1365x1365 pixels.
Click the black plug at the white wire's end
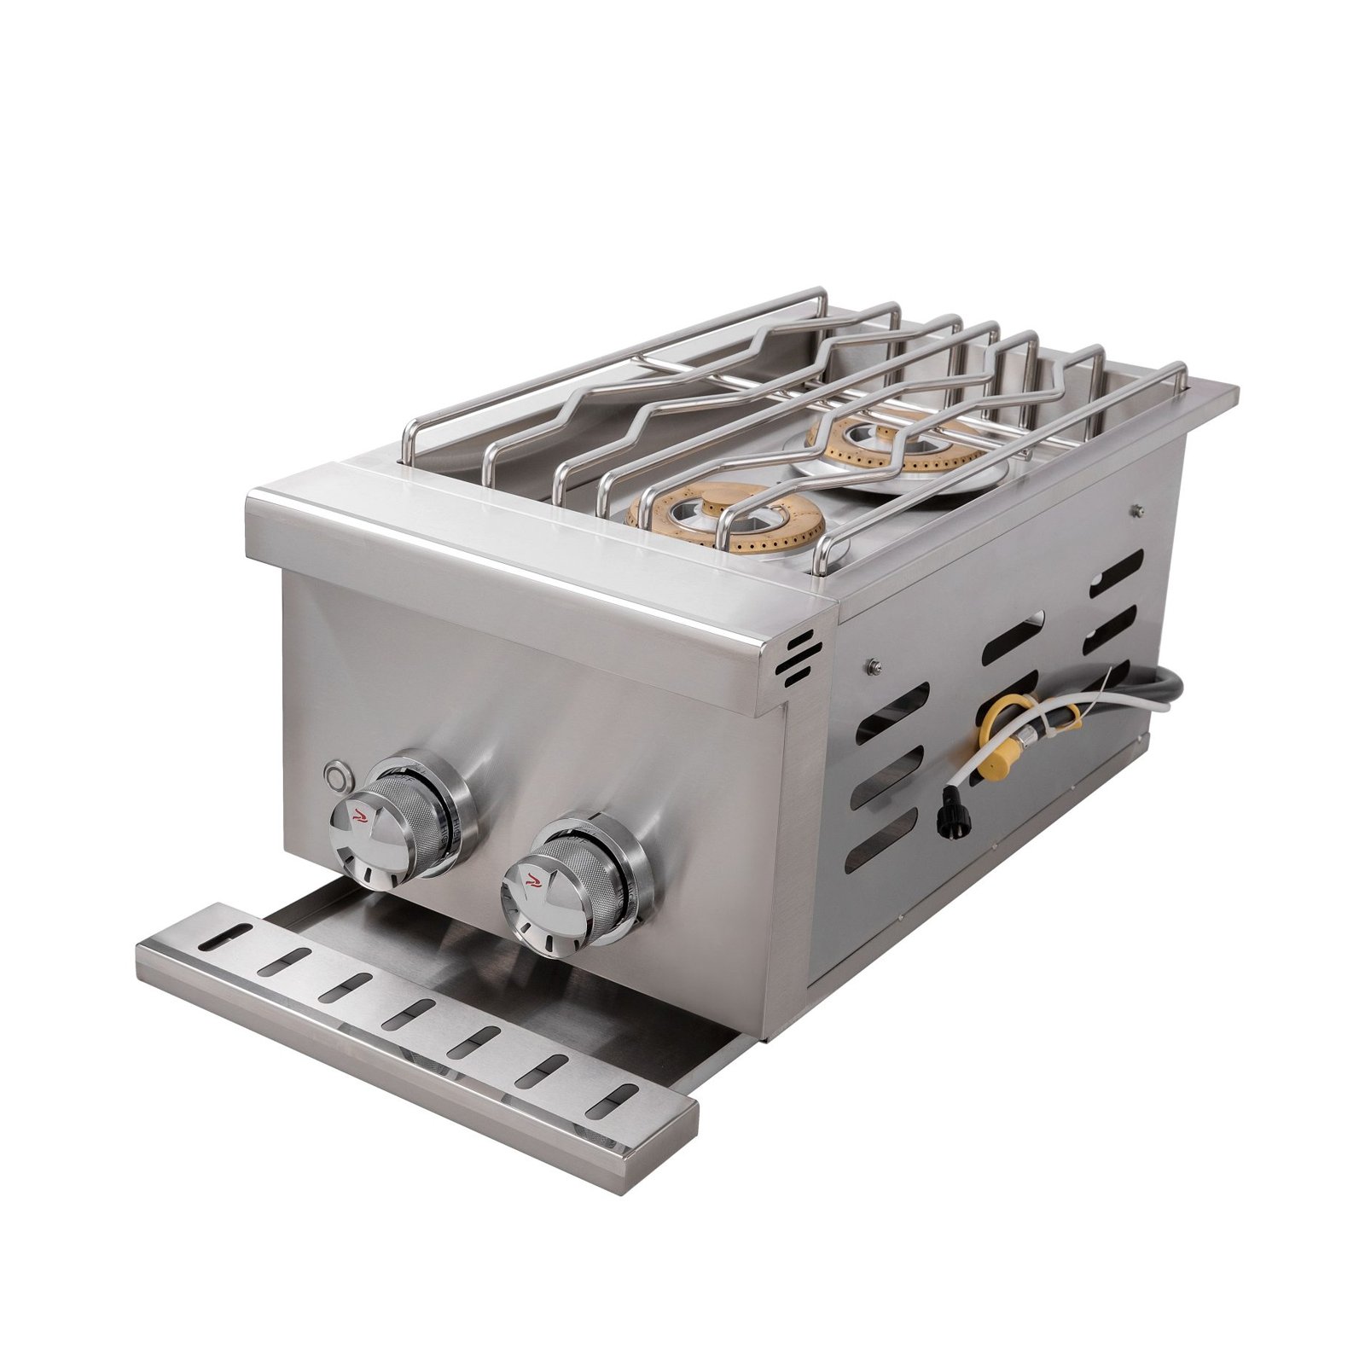click(x=948, y=803)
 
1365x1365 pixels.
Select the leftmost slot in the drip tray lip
click(x=219, y=938)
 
